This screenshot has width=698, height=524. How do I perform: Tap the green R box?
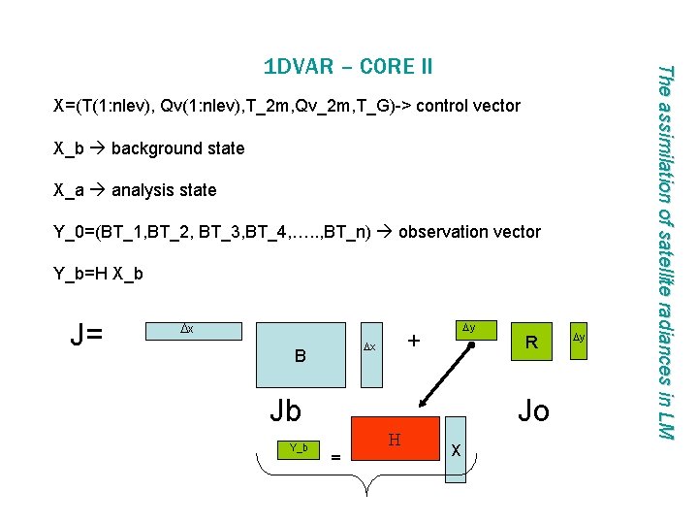(x=530, y=342)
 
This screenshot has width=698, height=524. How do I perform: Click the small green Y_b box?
(x=299, y=447)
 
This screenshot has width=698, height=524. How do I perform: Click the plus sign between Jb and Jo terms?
(x=414, y=342)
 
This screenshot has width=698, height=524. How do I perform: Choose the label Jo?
(x=533, y=410)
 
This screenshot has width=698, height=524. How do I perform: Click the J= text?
(x=92, y=337)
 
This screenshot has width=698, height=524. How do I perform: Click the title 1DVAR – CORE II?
(x=348, y=67)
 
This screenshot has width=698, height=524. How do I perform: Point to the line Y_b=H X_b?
(x=100, y=274)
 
